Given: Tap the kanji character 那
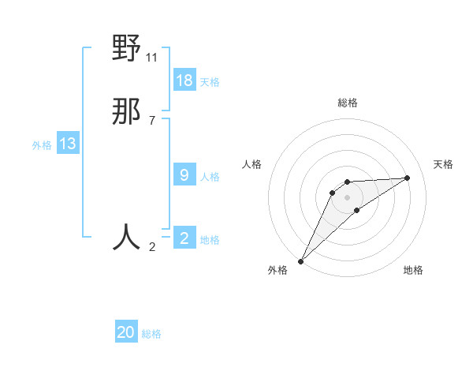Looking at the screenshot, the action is point(126,113).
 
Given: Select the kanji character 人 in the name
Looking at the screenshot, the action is point(126,237).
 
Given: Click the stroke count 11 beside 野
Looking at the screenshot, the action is point(152,57).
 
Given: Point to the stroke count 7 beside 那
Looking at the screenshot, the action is point(152,121).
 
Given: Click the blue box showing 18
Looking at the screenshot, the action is point(184,81).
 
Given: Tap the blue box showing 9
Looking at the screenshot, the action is point(184,175).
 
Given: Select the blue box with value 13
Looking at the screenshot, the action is point(68,144).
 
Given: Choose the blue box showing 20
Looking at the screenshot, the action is point(126,332).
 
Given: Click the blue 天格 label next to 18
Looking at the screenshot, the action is point(210,82).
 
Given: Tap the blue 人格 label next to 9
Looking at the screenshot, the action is point(210,177).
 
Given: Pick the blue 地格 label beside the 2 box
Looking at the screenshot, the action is point(210,240).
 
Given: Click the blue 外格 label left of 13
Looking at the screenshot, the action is point(42,145).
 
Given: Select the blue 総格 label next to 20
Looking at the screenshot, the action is point(151,334).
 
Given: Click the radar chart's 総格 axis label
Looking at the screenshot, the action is point(347,103).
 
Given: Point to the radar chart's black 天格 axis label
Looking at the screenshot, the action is point(443,164).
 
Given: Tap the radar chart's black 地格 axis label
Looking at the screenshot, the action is point(413,270).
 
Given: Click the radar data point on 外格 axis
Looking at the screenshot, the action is point(300,260).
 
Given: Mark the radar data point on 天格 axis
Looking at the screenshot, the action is point(408,178).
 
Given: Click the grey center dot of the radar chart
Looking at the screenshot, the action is point(347,197).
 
